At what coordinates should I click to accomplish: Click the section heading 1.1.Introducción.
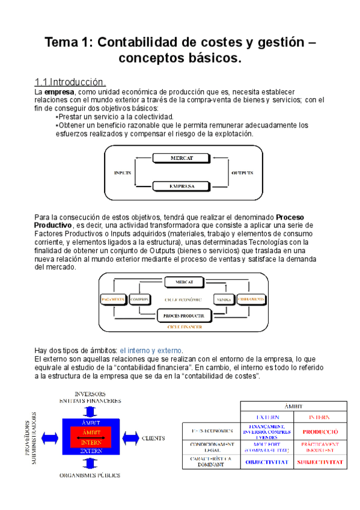tap(72, 82)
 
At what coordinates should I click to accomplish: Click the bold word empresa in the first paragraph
tap(56, 91)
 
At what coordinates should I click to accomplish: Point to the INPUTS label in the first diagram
tap(122, 173)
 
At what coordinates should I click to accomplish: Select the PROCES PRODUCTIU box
tap(184, 315)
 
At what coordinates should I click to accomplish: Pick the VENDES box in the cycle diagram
tap(224, 299)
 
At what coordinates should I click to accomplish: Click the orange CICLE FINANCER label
tap(184, 327)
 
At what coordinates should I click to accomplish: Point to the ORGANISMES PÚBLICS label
tap(90, 475)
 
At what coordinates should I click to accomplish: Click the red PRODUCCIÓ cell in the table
tap(320, 431)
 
